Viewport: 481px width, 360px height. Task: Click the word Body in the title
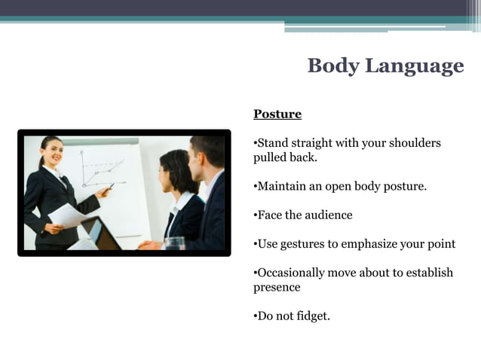pos(333,66)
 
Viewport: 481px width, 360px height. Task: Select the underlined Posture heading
pos(277,114)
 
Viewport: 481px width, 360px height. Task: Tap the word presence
pos(277,287)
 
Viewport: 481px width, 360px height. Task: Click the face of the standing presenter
pos(52,152)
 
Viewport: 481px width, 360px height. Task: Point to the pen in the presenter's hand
pos(109,188)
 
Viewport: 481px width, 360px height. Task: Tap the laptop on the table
pos(102,234)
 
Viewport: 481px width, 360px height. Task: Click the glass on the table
pos(175,243)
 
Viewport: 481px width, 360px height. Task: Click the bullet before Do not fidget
pos(255,316)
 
